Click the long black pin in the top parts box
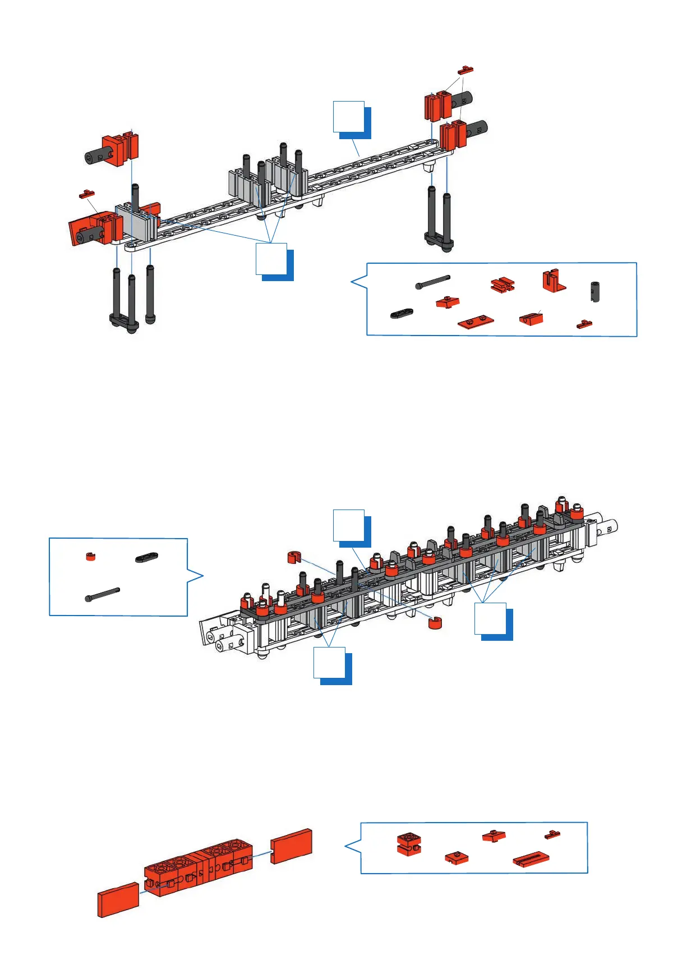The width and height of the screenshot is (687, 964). pos(433,282)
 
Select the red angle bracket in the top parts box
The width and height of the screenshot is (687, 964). pos(552,281)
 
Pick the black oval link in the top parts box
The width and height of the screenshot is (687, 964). pos(402,313)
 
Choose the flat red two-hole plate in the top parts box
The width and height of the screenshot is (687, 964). pos(476,322)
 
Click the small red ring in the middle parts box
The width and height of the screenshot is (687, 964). pos(90,557)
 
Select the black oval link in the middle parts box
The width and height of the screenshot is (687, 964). pos(146,557)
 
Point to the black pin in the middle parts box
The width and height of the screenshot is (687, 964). pos(103,594)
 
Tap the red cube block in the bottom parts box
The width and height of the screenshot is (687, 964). pos(409,843)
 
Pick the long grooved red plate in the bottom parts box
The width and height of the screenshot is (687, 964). pos(531,860)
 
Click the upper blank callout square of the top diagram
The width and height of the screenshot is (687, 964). pos(349,117)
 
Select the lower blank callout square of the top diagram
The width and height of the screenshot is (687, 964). pos(271,259)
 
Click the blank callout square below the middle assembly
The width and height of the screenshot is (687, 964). pos(329,663)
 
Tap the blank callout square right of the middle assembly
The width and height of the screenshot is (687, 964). pos(490,618)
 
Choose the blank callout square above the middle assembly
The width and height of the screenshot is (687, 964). pos(349,525)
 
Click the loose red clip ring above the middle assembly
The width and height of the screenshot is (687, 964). pos(293,557)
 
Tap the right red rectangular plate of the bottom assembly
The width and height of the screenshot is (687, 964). pos(291,846)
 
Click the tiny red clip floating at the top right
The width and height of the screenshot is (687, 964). pos(465,70)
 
